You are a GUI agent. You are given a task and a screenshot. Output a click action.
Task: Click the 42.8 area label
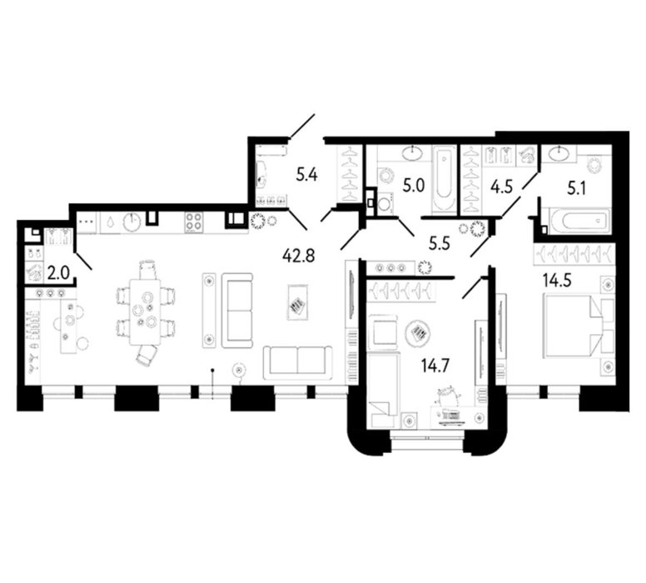pyautogui.click(x=299, y=256)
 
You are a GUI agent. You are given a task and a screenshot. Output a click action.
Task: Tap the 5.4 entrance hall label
pyautogui.click(x=307, y=176)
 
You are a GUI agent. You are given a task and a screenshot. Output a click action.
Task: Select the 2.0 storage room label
pyautogui.click(x=59, y=273)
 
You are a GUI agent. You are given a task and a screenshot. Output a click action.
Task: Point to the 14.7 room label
pyautogui.click(x=435, y=366)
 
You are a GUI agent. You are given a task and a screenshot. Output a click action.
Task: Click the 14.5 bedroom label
pyautogui.click(x=557, y=281)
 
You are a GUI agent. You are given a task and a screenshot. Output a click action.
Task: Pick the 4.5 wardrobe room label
pyautogui.click(x=501, y=187)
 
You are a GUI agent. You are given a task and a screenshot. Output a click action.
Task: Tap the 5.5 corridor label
pyautogui.click(x=440, y=244)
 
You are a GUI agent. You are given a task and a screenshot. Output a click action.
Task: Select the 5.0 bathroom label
pyautogui.click(x=414, y=186)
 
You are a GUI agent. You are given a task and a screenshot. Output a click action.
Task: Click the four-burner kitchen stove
pyautogui.click(x=195, y=222)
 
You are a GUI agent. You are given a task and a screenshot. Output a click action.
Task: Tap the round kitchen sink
pyautogui.click(x=132, y=222)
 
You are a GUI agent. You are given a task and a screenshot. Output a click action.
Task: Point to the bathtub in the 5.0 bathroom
pyautogui.click(x=445, y=177)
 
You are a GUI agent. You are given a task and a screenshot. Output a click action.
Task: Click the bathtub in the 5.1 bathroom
pyautogui.click(x=579, y=222)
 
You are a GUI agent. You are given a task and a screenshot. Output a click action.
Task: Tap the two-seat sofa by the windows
pyautogui.click(x=297, y=362)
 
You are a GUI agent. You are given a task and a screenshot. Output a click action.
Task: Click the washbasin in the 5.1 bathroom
pyautogui.click(x=559, y=153)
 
